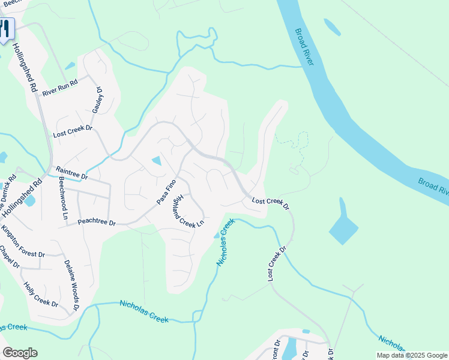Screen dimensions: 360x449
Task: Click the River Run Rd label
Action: (x=61, y=88)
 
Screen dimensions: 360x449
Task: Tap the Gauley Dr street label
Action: (x=98, y=100)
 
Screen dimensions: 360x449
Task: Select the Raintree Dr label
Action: (x=71, y=173)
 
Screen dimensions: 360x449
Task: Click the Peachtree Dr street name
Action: (x=96, y=222)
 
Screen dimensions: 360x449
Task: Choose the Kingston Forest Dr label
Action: (x=23, y=241)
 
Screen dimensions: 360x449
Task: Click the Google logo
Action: (x=20, y=353)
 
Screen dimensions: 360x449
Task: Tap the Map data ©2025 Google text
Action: (x=411, y=355)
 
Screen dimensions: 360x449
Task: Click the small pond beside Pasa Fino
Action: (x=157, y=160)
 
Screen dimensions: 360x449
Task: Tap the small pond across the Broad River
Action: (x=332, y=27)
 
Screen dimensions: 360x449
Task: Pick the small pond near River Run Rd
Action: (x=70, y=65)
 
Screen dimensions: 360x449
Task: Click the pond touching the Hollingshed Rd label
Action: (x=29, y=201)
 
